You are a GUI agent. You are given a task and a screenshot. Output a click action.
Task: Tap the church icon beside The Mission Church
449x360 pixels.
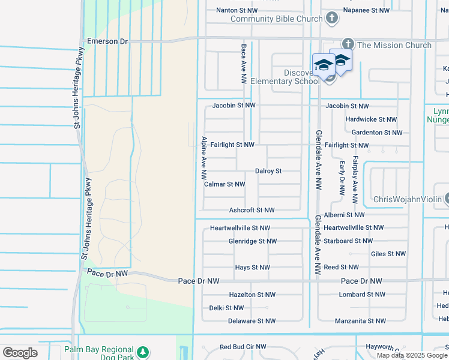pyautogui.click(x=348, y=44)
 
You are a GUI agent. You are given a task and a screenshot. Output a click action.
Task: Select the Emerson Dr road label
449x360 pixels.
pyautogui.click(x=108, y=41)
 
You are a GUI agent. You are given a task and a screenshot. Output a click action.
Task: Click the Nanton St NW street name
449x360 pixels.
pyautogui.click(x=237, y=10)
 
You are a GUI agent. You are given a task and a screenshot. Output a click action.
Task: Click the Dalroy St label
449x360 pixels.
pyautogui.click(x=268, y=171)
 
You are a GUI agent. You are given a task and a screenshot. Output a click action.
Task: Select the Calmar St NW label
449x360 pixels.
pyautogui.click(x=224, y=184)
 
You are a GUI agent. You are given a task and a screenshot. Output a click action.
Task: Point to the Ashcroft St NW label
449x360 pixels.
pyautogui.click(x=252, y=210)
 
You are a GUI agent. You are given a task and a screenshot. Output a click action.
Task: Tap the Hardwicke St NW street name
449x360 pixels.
pyautogui.click(x=371, y=119)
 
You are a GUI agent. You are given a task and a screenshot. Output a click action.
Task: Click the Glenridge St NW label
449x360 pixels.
pyautogui.click(x=253, y=241)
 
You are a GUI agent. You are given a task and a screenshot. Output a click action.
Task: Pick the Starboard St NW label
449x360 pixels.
pyautogui.click(x=348, y=241)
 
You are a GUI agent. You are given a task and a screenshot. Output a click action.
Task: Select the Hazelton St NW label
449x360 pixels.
pyautogui.click(x=252, y=295)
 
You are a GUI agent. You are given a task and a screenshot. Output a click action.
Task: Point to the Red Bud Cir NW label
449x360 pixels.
pyautogui.click(x=243, y=347)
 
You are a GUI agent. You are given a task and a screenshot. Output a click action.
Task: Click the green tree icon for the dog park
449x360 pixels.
pyautogui.click(x=142, y=352)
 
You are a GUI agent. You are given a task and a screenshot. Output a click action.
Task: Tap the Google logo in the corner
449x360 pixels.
pyautogui.click(x=20, y=353)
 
